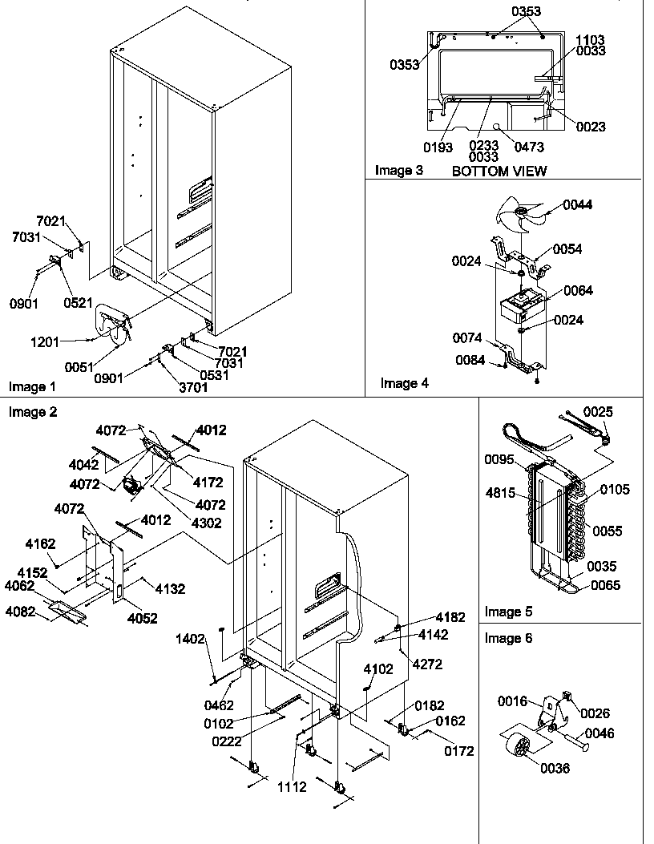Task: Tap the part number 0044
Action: coord(578,205)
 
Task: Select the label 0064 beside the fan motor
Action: coord(578,291)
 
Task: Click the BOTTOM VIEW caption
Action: coord(499,171)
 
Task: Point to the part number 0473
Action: coord(529,147)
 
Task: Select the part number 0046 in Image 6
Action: coord(599,732)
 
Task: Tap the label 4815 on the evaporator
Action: coord(499,494)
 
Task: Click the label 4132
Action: coord(169,588)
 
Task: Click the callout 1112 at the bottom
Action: coord(292,787)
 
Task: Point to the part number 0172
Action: coord(458,751)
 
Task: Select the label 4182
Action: coord(450,617)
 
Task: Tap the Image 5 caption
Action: coord(508,612)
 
